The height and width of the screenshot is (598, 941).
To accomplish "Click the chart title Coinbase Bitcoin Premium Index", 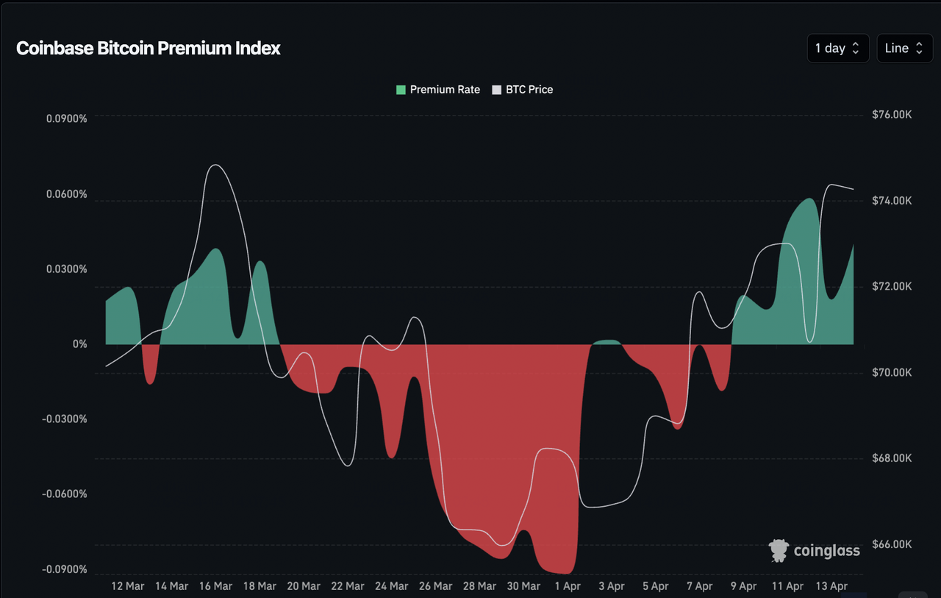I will (x=149, y=49).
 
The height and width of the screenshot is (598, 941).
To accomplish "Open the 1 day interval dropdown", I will (x=837, y=49).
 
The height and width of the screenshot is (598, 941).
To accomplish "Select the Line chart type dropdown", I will (x=904, y=49).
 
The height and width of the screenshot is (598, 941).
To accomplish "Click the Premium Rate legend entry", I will (x=438, y=90).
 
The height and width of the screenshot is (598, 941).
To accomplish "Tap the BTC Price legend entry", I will (x=523, y=90).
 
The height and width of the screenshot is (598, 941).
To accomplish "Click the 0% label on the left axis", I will (x=79, y=344).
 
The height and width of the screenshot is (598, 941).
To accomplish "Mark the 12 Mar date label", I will (x=127, y=586).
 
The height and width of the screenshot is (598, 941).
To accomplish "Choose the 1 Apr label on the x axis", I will (x=567, y=586).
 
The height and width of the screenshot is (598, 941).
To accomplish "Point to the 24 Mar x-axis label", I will (x=391, y=586).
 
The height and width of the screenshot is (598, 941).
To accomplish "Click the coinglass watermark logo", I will (x=815, y=551).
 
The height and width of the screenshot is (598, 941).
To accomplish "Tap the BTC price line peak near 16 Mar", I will (x=214, y=165).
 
